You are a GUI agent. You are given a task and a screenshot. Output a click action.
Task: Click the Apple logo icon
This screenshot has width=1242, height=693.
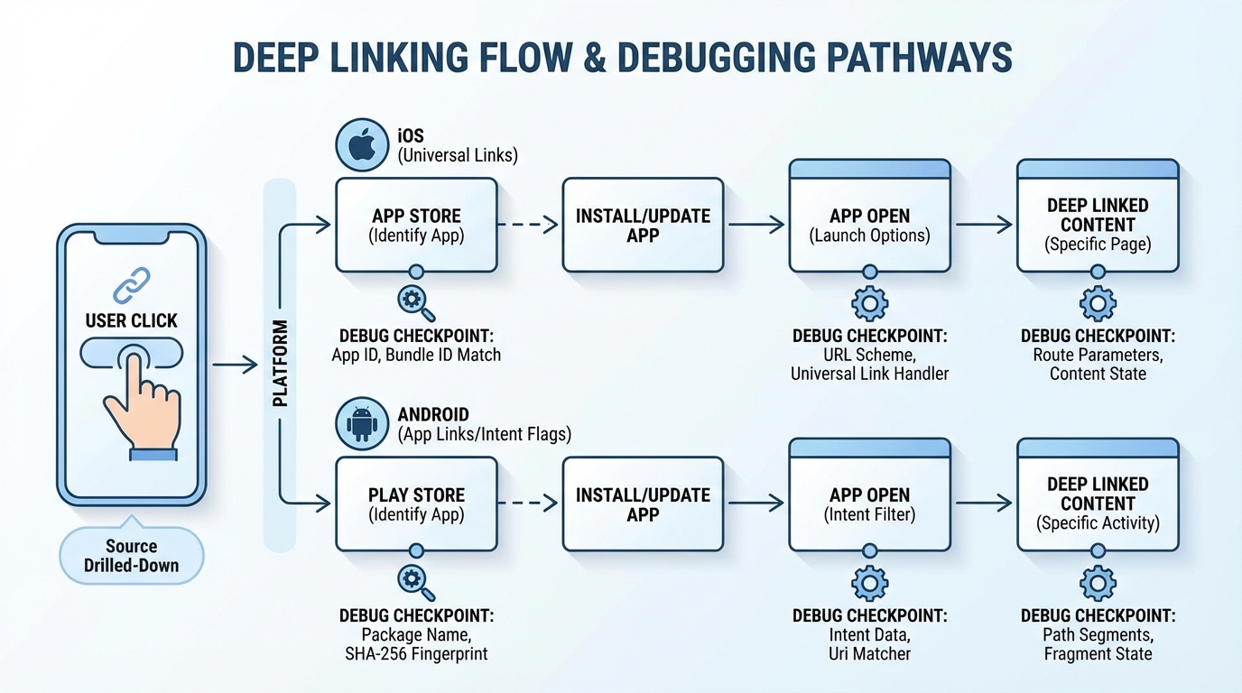[x=362, y=145]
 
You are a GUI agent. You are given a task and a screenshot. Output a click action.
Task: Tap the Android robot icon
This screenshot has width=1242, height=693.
[x=362, y=423]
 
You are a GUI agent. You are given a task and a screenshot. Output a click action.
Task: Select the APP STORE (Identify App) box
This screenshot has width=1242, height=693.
[x=416, y=226]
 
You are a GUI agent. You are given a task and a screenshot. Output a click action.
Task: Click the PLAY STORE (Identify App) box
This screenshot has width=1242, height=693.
[x=416, y=504]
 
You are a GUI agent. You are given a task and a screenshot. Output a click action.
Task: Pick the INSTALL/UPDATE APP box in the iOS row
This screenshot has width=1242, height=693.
[x=643, y=226]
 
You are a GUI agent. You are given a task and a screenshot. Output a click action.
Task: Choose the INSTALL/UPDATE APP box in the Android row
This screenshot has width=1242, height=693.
[x=643, y=504]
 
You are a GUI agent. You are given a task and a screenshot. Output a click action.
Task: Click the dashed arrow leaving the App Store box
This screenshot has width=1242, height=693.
[x=529, y=226]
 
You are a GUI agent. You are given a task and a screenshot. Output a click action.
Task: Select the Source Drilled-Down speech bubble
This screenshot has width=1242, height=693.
[x=132, y=556]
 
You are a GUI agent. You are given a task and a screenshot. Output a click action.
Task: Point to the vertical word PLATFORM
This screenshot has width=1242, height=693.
[x=280, y=364]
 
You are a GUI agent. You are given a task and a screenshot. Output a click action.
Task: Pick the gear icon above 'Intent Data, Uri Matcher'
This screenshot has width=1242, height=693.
[x=869, y=583]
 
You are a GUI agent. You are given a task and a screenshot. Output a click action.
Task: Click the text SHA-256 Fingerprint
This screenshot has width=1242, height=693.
[x=416, y=653]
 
